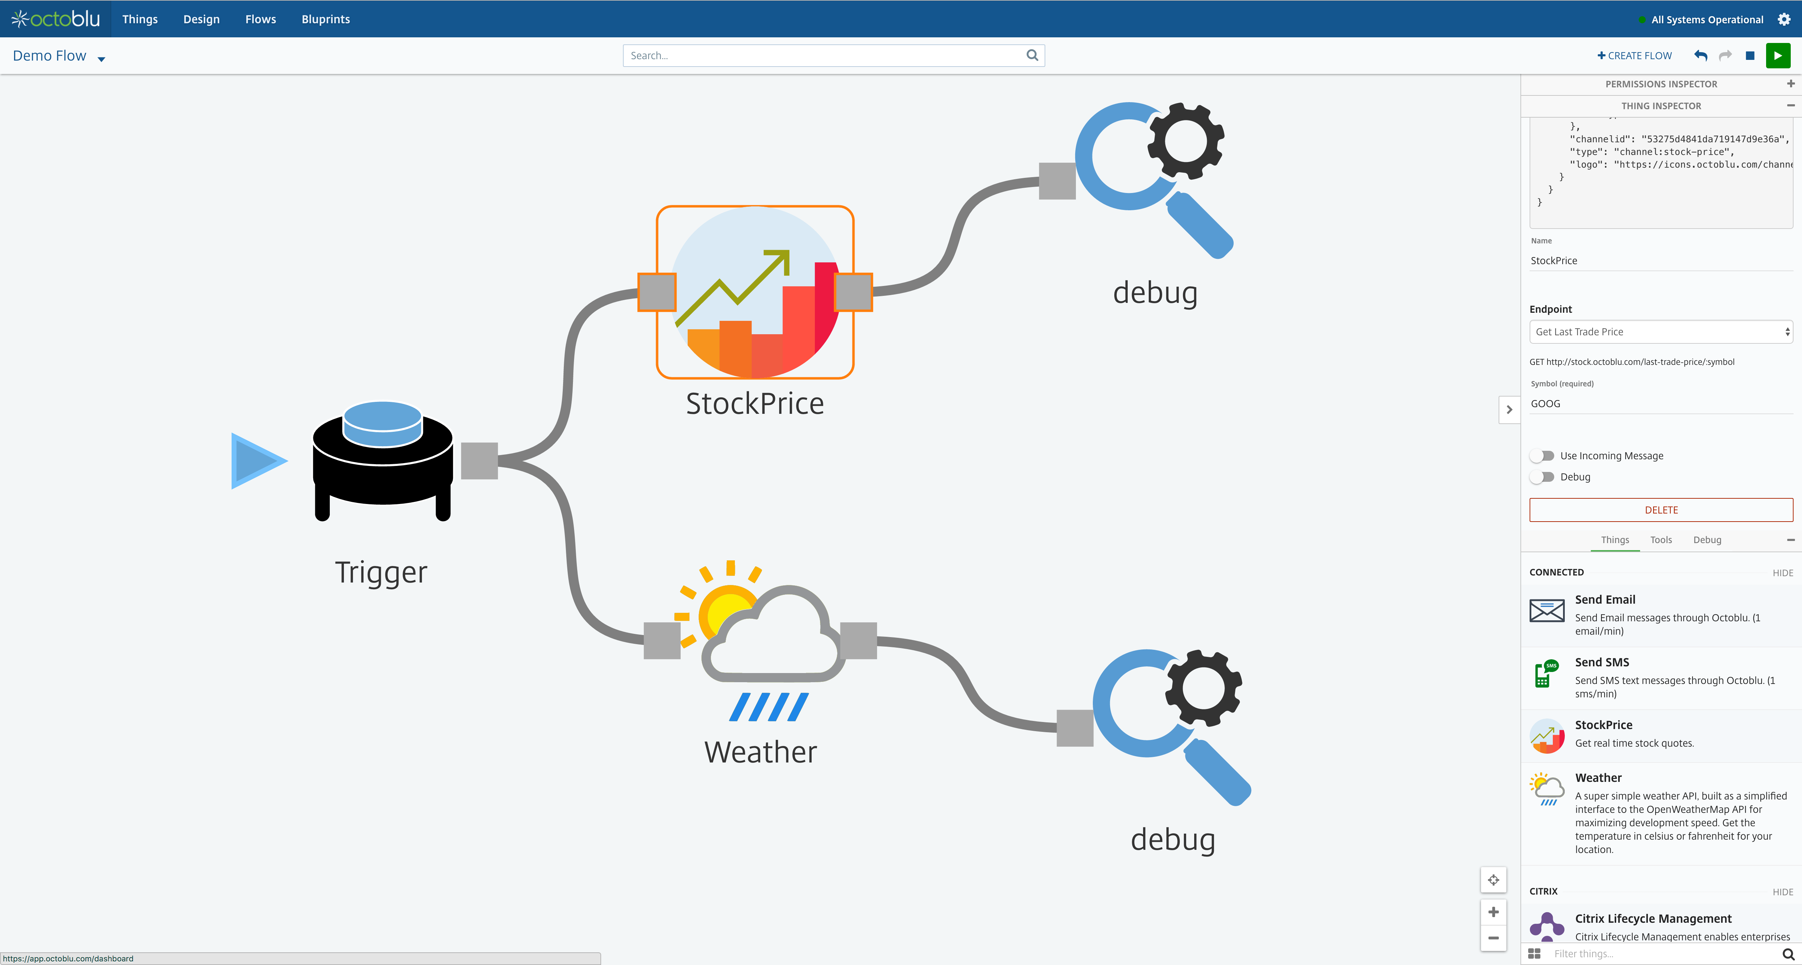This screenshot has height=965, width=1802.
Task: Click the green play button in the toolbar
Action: click(1777, 56)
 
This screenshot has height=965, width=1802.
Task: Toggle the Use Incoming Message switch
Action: click(1542, 456)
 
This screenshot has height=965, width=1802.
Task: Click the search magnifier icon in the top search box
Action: click(1032, 55)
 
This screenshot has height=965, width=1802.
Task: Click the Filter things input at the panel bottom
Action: click(1661, 954)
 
